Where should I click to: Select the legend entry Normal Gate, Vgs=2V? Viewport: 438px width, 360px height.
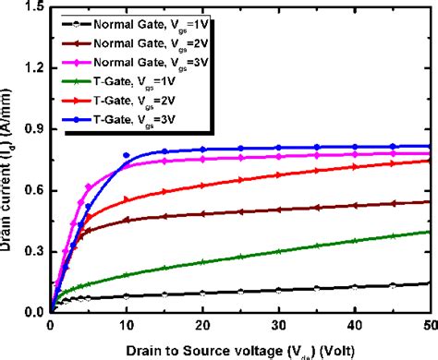146,42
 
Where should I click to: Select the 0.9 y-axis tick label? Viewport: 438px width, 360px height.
33,129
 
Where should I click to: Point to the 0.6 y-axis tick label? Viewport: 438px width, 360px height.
33,190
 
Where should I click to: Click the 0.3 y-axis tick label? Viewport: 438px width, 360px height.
33,252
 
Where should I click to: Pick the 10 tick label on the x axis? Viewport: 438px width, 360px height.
126,326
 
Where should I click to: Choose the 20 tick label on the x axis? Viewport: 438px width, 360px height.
202,326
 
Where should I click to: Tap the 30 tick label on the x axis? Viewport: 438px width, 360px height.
278,326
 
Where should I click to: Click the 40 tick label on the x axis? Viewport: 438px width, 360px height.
355,326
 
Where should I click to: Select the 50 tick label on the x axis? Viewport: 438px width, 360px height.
428,326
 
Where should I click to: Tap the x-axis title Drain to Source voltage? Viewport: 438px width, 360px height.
240,348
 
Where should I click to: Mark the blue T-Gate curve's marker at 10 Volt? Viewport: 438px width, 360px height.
127,155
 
